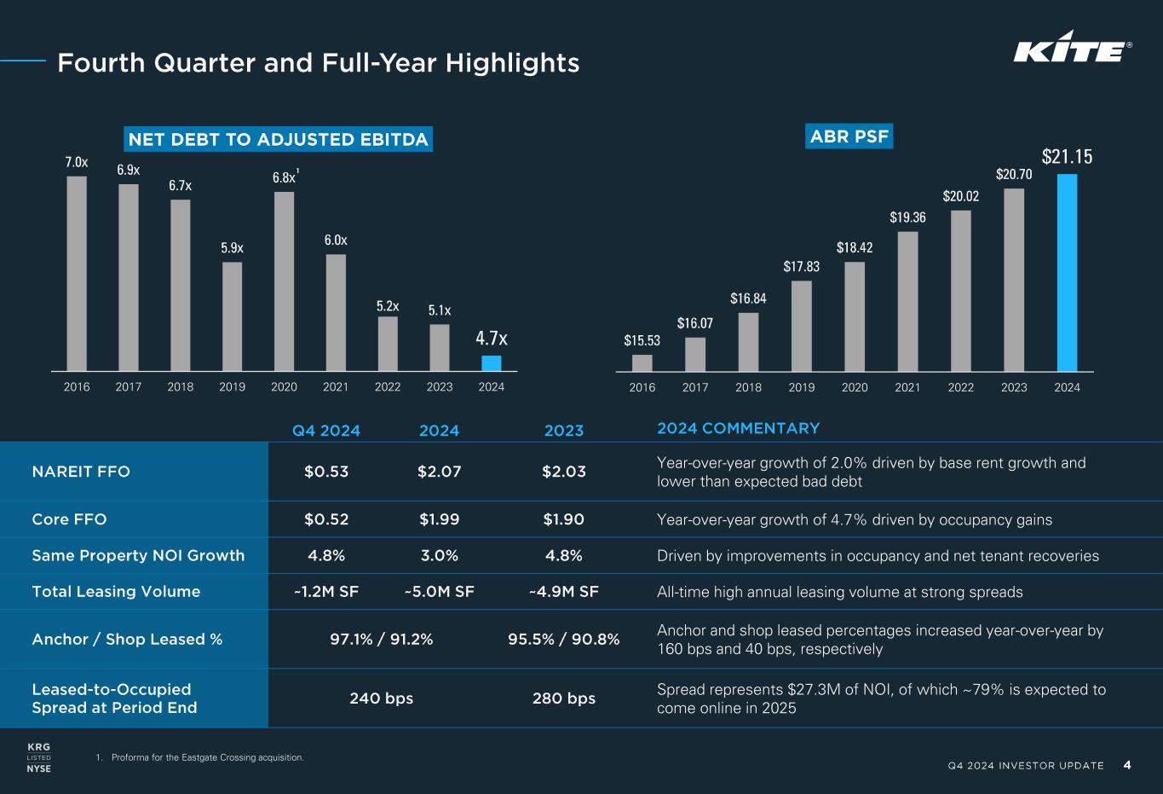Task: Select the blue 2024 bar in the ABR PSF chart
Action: coord(1067,273)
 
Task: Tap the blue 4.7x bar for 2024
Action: coord(492,363)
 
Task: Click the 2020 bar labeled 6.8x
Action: coord(284,281)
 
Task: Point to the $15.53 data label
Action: coord(642,341)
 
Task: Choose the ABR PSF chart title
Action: coord(849,136)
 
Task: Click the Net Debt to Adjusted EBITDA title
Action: coord(278,140)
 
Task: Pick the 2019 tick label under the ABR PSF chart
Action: coord(801,387)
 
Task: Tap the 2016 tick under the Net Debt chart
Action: coord(77,387)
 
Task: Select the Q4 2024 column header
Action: coord(326,431)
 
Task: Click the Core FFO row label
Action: coord(69,519)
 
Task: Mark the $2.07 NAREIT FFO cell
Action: coord(439,472)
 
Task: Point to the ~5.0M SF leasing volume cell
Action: coord(439,592)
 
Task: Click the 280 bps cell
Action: coord(563,698)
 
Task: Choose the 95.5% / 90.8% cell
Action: coord(563,639)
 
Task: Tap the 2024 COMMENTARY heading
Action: coord(738,428)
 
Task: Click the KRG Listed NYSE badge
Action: coord(39,757)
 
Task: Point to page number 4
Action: coord(1127,765)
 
